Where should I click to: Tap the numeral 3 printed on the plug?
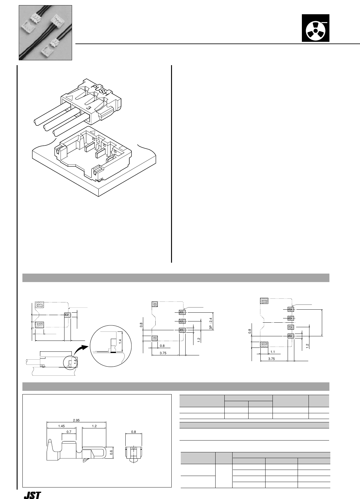tap(88, 108)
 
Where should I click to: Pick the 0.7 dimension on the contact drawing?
tap(69, 431)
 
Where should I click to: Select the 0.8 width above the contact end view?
tap(133, 431)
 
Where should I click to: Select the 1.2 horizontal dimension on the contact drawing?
tap(94, 426)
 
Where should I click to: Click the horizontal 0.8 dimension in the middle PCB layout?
tap(162, 346)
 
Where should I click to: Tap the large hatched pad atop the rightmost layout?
tap(264, 301)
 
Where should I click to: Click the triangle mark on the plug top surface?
tap(69, 98)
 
